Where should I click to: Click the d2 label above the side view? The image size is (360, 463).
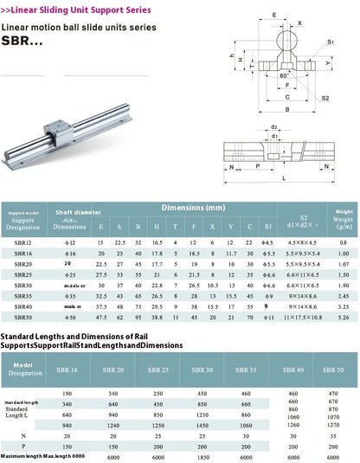(274, 126)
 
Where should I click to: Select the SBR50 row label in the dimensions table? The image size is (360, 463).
(25, 318)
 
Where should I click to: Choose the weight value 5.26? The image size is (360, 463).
(344, 318)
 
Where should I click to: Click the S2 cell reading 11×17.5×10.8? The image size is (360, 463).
(303, 318)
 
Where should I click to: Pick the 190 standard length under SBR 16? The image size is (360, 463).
(92, 392)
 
